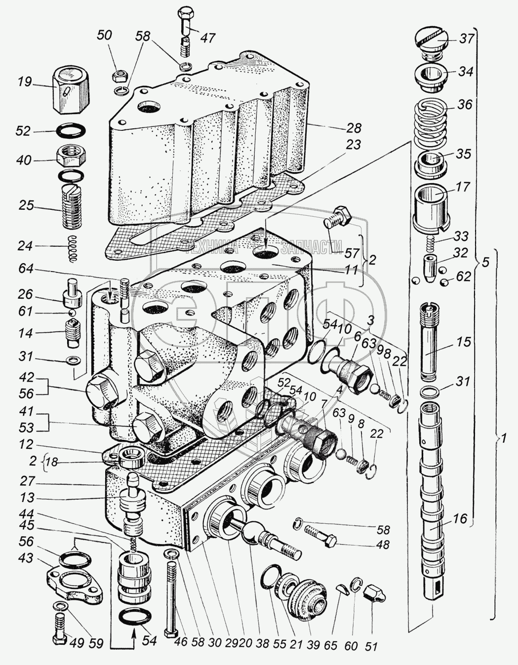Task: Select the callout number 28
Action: pyautogui.click(x=354, y=128)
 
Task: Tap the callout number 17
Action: pyautogui.click(x=464, y=187)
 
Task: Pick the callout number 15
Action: pyautogui.click(x=464, y=341)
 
